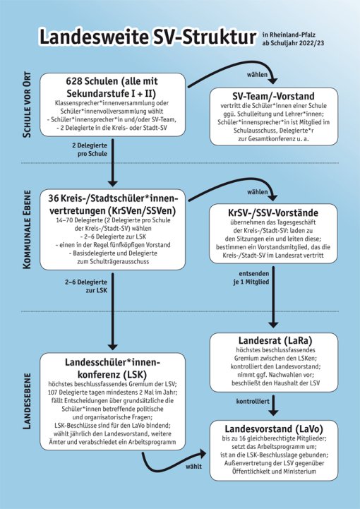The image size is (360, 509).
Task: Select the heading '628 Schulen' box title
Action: (x=112, y=87)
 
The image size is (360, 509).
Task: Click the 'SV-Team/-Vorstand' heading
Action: (x=273, y=96)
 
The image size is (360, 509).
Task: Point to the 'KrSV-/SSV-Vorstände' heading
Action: (x=273, y=212)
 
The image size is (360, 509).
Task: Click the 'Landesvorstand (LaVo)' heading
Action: (x=274, y=429)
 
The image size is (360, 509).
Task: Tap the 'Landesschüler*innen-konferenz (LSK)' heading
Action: (x=113, y=368)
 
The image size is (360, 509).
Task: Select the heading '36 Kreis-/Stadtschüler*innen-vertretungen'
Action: (x=112, y=205)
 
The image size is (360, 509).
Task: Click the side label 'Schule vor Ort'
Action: (x=28, y=104)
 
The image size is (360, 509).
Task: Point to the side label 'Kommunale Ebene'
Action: (x=28, y=229)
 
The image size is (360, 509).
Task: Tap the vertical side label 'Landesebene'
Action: (x=28, y=401)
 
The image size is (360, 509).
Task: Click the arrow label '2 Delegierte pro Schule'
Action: (x=90, y=150)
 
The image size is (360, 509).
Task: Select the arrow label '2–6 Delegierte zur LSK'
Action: (x=86, y=286)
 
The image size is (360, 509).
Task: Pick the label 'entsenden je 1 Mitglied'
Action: (x=251, y=278)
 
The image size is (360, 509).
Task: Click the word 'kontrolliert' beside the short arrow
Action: (x=253, y=402)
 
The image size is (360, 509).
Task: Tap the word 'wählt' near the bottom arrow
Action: (x=194, y=467)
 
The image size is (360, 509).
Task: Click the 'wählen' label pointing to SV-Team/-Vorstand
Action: (x=258, y=75)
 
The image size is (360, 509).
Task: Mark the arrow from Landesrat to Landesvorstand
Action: (x=274, y=405)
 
